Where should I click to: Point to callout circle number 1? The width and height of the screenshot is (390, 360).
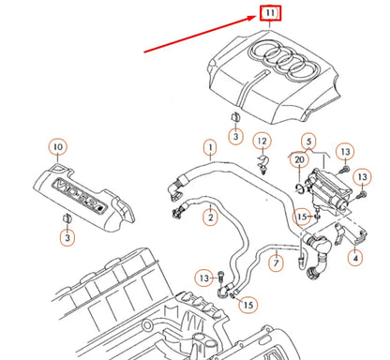coord(210,147)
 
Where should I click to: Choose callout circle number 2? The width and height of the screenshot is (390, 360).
coord(210,217)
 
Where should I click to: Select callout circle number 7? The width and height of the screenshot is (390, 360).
coord(275,264)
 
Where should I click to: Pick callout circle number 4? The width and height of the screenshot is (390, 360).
coord(355,255)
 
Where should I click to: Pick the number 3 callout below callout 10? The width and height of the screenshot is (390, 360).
coord(67,240)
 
